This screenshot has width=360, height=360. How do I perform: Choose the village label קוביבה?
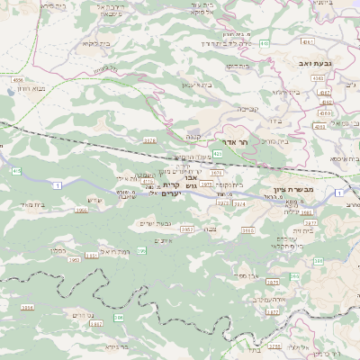248,109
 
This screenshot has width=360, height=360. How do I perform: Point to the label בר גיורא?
118,346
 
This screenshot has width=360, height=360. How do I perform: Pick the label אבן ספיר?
247,274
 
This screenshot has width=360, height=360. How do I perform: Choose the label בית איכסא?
344,158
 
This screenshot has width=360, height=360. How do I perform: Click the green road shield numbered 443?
263,42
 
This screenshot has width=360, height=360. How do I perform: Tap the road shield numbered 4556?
17,79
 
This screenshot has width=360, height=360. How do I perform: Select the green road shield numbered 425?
217,154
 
